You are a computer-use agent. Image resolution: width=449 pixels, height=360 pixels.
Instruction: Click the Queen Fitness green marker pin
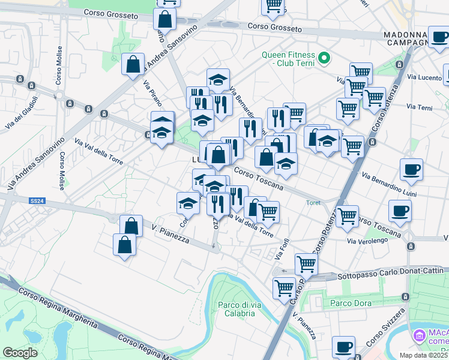(325, 58)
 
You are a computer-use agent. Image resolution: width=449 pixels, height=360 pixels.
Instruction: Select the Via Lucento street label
(423, 77)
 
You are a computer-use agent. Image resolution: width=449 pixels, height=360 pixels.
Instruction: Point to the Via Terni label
(419, 107)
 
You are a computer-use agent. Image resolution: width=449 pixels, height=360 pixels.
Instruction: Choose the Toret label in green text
(313, 202)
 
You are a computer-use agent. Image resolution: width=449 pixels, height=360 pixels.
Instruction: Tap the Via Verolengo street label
(368, 241)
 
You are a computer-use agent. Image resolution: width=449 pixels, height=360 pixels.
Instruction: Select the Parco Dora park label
(349, 303)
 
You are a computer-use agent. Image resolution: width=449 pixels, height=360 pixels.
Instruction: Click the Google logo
(20, 353)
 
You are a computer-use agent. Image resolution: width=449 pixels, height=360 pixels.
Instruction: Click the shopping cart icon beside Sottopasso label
(306, 263)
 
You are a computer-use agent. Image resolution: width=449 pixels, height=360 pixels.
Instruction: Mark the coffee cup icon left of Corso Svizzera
(344, 346)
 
